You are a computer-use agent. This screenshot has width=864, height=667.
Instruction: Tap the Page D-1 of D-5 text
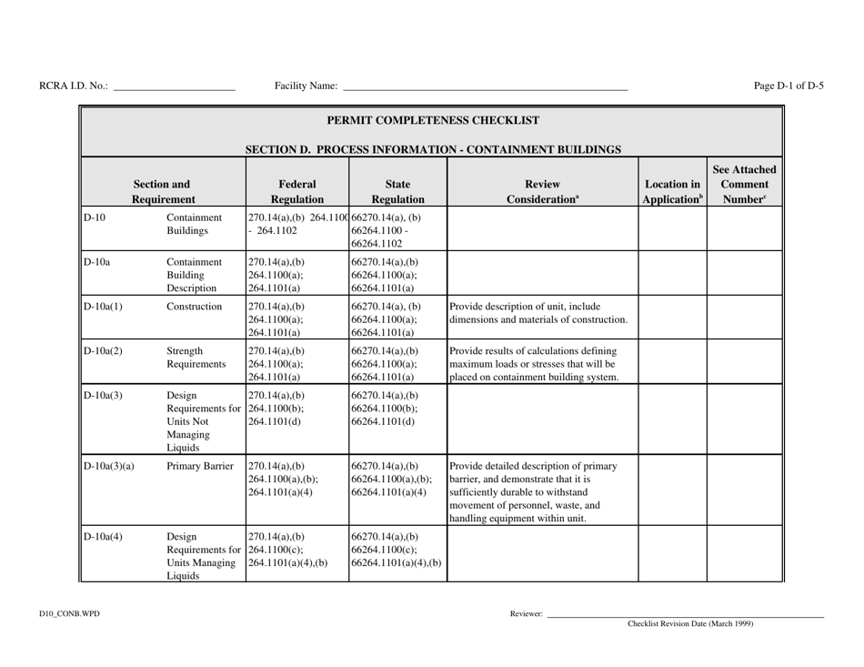tap(789, 86)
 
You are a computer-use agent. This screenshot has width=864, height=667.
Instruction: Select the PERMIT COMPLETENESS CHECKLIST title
tap(432, 119)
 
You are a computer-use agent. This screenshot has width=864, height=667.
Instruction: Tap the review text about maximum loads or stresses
tap(540, 365)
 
